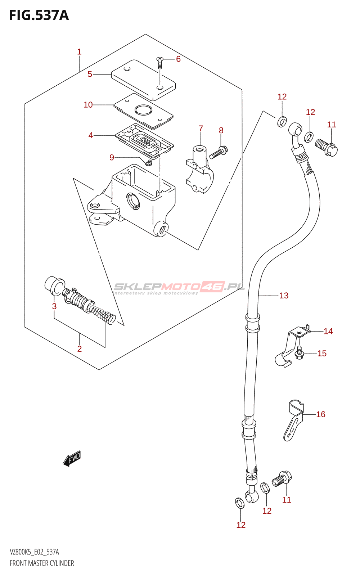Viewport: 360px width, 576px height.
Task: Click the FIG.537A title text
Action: [x=39, y=15]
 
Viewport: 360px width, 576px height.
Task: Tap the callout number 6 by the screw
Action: [x=178, y=59]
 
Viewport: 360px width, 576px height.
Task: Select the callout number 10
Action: [x=88, y=105]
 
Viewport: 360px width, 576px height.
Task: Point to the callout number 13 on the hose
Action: [x=284, y=296]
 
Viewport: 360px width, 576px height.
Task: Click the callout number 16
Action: [x=321, y=414]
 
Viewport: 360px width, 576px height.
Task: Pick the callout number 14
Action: [x=328, y=331]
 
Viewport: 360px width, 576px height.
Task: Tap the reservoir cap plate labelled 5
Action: [x=143, y=80]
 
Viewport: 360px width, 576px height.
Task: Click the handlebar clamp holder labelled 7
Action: [x=199, y=169]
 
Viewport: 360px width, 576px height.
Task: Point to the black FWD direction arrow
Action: [x=72, y=459]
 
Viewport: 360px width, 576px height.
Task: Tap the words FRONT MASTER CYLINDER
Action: [x=42, y=563]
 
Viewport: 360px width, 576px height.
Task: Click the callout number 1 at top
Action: [x=79, y=52]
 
